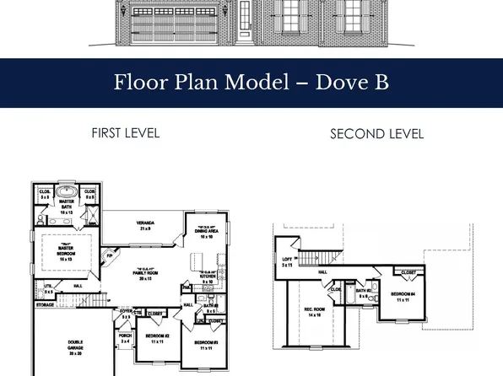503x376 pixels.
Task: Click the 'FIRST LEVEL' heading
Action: coord(125,132)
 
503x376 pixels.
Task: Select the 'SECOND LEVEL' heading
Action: coord(376,133)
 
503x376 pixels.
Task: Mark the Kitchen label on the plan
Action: coord(207,273)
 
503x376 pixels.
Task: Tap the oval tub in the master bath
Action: coord(67,193)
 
